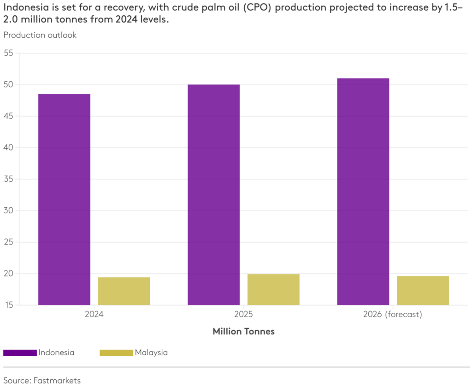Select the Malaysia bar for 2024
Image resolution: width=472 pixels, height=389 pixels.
pyautogui.click(x=124, y=291)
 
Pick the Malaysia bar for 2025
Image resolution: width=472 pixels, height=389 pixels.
pyautogui.click(x=273, y=290)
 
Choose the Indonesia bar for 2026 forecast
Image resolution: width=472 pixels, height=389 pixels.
pyautogui.click(x=363, y=192)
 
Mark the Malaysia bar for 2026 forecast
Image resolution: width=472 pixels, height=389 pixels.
pyautogui.click(x=423, y=291)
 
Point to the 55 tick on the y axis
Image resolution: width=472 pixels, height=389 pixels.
pyautogui.click(x=8, y=53)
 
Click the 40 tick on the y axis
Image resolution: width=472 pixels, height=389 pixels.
pyautogui.click(x=8, y=148)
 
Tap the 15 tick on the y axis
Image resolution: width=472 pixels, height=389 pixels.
pyautogui.click(x=8, y=305)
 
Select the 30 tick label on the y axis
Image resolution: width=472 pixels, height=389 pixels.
pyautogui.click(x=8, y=210)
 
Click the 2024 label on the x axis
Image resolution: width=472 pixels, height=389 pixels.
pyautogui.click(x=94, y=315)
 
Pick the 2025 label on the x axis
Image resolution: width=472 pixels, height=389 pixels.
pyautogui.click(x=243, y=315)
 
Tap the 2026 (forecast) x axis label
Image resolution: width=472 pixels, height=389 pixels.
pyautogui.click(x=393, y=315)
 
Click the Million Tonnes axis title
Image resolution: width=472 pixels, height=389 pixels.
pyautogui.click(x=243, y=331)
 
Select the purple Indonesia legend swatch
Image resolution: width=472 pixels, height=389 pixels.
pyautogui.click(x=20, y=353)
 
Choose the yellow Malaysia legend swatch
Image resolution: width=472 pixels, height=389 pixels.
pyautogui.click(x=116, y=353)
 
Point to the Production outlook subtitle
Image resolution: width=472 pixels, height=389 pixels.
pyautogui.click(x=40, y=35)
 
